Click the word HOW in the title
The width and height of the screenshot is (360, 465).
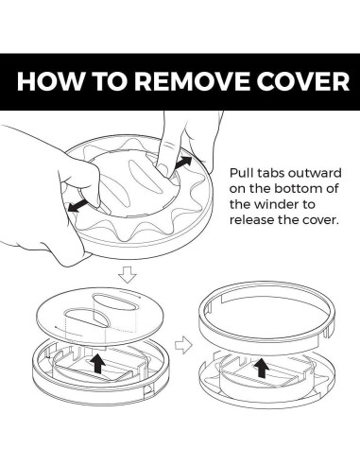[x=49, y=81]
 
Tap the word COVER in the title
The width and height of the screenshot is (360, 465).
[x=302, y=81]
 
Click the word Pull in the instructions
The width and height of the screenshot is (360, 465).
[x=240, y=173]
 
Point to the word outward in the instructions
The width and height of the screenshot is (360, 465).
[x=315, y=173]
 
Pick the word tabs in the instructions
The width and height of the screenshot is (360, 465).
[x=270, y=173]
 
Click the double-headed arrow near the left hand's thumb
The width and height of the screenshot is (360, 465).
[x=77, y=205]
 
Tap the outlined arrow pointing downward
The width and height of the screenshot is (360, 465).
[x=128, y=274]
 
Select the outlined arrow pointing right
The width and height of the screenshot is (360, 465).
[x=183, y=345]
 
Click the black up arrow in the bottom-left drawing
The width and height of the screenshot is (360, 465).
[x=99, y=362]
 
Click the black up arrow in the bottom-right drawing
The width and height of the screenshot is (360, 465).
[x=262, y=368]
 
